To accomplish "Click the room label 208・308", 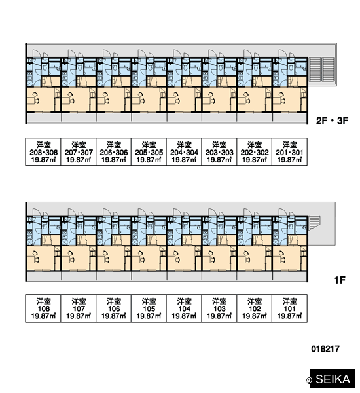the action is coord(44,153).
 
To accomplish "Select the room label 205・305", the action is coord(149,153).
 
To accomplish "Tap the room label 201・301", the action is coord(289,153).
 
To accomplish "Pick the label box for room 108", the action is coord(43,309).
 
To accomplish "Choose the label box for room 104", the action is coord(184,309).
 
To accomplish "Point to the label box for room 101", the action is coord(289,309).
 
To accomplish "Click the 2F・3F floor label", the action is coord(332,121).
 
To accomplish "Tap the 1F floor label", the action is coord(340,280).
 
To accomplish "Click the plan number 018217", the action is coord(325,349).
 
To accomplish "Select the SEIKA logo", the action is coord(333,379).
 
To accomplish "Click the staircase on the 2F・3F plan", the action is coord(322,69).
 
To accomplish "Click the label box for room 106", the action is coord(114,309).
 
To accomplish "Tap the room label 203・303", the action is coord(219,153).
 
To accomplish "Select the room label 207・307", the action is coord(79,153).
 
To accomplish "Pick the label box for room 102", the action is coord(255,309).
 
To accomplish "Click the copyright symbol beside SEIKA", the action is coord(309,380).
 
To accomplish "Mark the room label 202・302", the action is coord(255,153).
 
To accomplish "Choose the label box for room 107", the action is coord(79,309).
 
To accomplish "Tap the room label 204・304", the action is coord(184,153).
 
